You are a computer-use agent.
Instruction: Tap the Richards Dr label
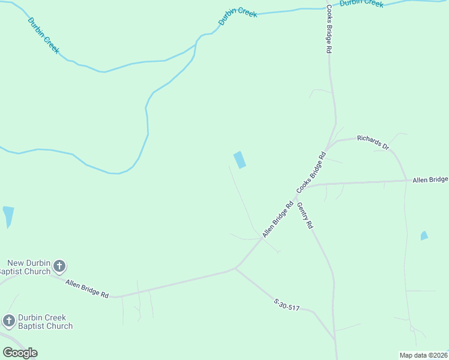373,142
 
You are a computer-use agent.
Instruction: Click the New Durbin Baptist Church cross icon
59,266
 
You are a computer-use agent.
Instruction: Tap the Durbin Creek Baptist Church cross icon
9,321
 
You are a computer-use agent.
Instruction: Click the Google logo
20,353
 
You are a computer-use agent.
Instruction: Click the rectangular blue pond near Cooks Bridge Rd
240,160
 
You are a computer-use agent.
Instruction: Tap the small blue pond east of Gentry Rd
424,236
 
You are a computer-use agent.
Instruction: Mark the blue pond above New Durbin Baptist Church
8,216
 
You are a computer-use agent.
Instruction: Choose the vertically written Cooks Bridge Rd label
329,30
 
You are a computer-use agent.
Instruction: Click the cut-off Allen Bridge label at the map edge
430,179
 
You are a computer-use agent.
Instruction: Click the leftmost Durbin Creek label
43,35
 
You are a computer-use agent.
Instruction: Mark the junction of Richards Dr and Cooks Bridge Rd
325,148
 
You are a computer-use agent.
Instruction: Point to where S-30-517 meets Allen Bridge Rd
236,268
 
